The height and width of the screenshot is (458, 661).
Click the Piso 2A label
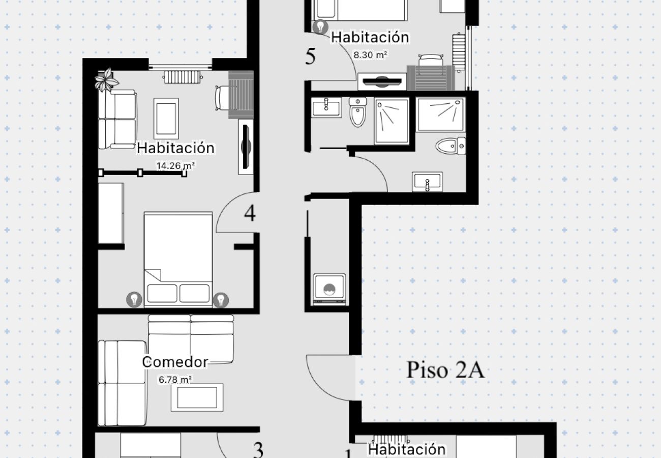(x=445, y=369)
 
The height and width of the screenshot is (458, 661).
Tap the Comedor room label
(x=175, y=362)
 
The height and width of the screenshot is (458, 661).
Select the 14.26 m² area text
(x=175, y=166)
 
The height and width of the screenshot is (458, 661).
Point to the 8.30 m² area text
(x=370, y=55)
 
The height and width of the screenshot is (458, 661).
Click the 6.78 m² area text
(x=175, y=380)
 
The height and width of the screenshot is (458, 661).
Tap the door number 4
(x=250, y=213)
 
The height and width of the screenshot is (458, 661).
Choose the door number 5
(x=310, y=56)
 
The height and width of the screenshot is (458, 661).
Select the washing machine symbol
(x=329, y=289)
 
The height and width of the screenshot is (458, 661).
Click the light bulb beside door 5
(x=320, y=26)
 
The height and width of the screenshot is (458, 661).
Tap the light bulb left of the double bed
(x=134, y=299)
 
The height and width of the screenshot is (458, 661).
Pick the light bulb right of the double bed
(x=221, y=300)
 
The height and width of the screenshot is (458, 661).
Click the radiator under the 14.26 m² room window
(x=183, y=77)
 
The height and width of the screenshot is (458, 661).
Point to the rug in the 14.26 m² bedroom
(x=166, y=119)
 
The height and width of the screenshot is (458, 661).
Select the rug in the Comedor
(x=197, y=397)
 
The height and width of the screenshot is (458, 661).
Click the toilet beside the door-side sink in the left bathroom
(x=357, y=112)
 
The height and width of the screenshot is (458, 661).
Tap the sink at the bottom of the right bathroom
(x=427, y=181)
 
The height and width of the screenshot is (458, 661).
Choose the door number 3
(x=258, y=450)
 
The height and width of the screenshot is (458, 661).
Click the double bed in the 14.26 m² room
(x=178, y=260)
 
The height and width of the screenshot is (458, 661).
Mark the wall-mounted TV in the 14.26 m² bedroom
(x=246, y=147)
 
